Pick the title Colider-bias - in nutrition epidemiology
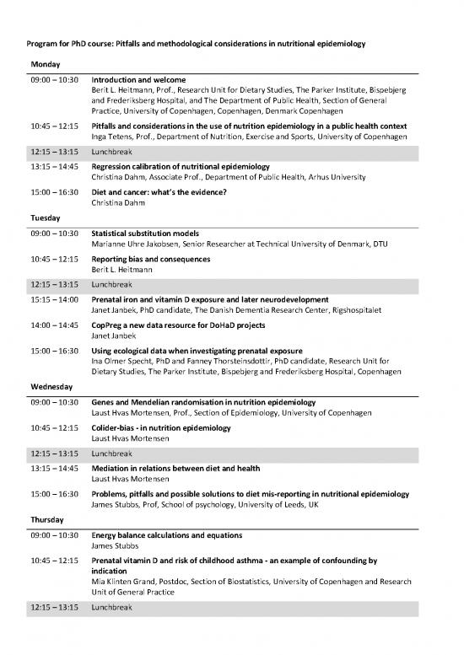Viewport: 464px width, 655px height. [159, 428]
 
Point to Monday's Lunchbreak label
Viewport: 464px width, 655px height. [112, 153]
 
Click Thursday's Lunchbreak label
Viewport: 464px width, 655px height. [112, 607]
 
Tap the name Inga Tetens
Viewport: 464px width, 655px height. [115, 137]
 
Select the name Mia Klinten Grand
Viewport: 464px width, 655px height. [126, 582]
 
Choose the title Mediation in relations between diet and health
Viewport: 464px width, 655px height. [175, 468]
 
